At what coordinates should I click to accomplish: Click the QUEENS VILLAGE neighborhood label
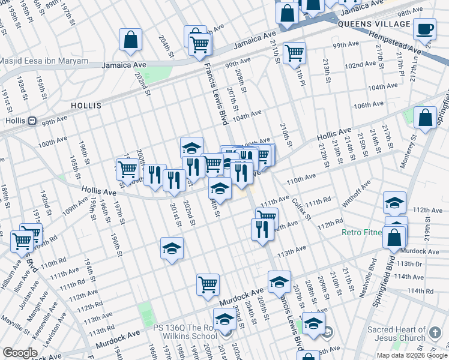[x=374, y=24]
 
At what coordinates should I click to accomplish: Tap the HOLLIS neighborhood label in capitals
[x=86, y=105]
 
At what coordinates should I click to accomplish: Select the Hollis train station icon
[x=32, y=121]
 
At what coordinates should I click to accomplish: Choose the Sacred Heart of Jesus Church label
[x=397, y=334]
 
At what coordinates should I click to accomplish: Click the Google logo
[x=20, y=353]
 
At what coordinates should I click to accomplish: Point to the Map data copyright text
[x=412, y=355]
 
